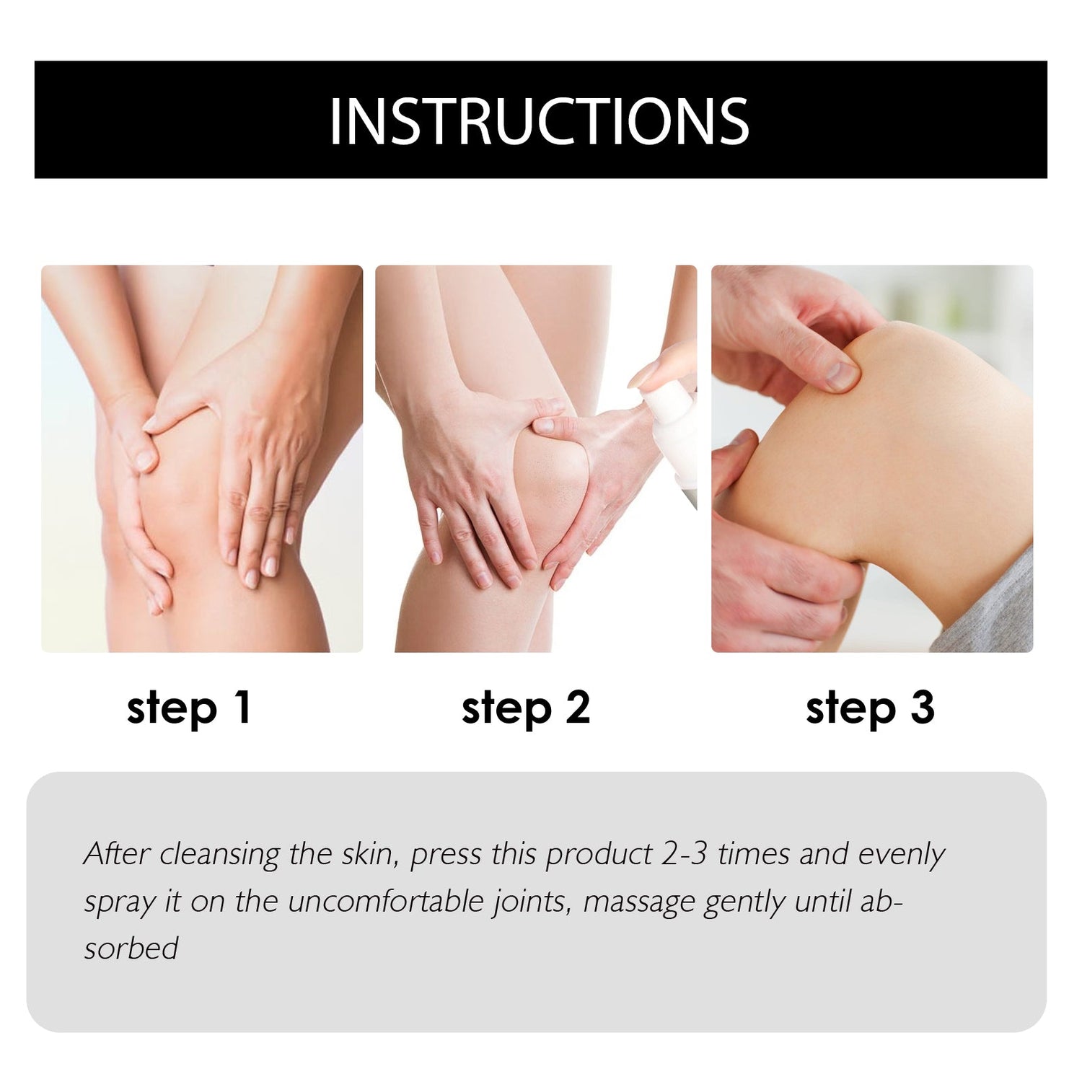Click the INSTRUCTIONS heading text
(540, 120)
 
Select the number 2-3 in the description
(685, 854)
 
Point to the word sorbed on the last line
(131, 948)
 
